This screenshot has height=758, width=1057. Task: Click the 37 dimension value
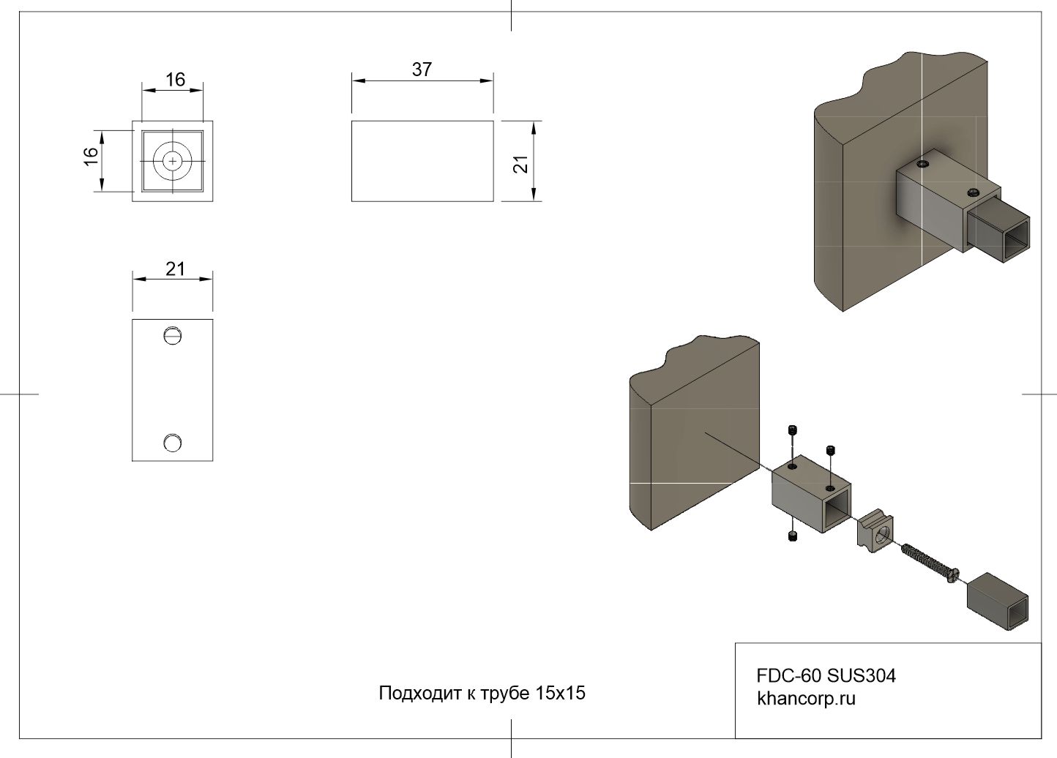click(x=422, y=70)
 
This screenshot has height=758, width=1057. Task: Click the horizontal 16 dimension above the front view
click(x=175, y=79)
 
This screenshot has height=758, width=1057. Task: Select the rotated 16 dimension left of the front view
click(x=90, y=156)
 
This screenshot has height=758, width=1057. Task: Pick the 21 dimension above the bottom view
click(x=175, y=269)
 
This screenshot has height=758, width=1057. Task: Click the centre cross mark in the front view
click(x=173, y=160)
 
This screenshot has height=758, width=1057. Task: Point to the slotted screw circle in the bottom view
click(x=173, y=335)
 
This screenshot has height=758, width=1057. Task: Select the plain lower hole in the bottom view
click(x=173, y=442)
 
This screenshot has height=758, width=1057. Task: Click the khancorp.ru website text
click(x=806, y=698)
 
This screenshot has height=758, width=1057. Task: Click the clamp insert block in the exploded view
click(x=875, y=531)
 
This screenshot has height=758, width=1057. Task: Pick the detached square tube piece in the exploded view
click(x=997, y=601)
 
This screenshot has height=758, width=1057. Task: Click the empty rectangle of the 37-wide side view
click(x=422, y=161)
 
